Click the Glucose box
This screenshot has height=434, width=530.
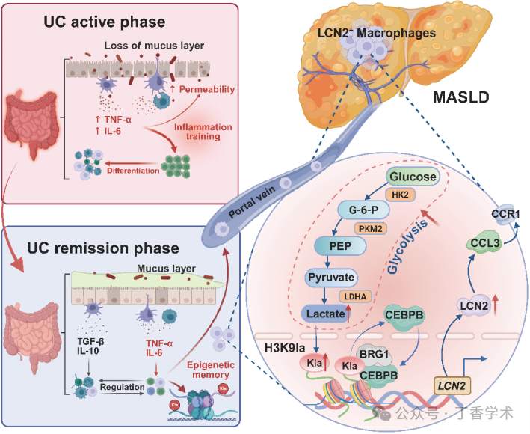click(413, 177)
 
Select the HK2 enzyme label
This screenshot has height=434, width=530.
click(400, 195)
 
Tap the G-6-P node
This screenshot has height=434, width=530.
click(364, 210)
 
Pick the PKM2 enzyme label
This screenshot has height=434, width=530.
click(371, 229)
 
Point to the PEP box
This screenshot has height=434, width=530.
click(340, 246)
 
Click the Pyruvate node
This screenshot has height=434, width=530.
click(331, 277)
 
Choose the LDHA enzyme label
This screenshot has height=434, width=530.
click(355, 296)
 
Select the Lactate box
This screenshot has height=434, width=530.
click(325, 314)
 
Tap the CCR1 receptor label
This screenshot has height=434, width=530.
click(505, 214)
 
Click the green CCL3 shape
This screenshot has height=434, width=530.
click(485, 243)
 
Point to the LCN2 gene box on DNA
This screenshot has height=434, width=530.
click(452, 385)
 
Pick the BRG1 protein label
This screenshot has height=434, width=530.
click(374, 355)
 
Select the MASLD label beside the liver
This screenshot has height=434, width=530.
click(461, 97)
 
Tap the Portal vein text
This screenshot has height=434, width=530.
click(252, 202)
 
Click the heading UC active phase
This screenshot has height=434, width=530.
click(105, 22)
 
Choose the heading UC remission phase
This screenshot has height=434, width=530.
click(102, 248)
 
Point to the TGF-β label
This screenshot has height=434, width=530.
click(90, 342)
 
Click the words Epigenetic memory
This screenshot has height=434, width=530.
click(211, 370)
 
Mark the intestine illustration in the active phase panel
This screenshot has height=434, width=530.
click(31, 123)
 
